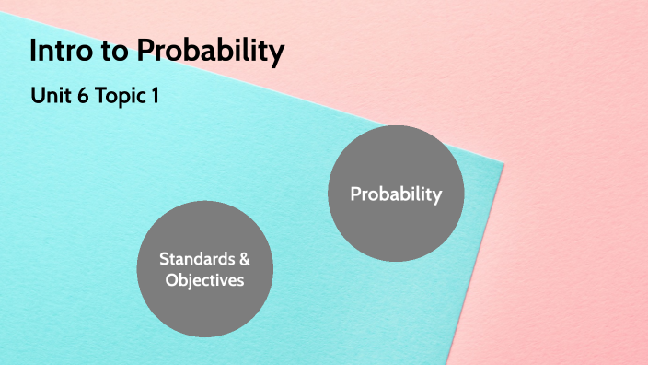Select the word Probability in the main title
[210, 52]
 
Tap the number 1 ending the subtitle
[154, 95]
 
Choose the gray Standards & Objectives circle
[204, 268]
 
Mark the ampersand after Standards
[243, 258]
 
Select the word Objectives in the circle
[204, 280]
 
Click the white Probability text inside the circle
[396, 194]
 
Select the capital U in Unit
[37, 95]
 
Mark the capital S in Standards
[164, 258]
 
